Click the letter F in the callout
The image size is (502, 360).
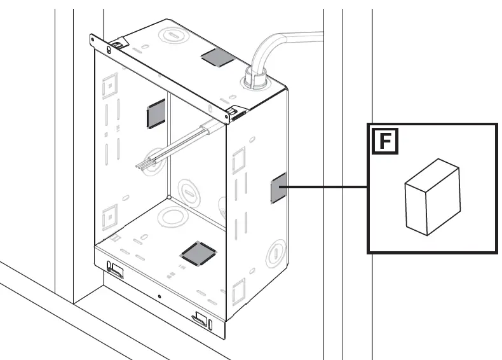[x=385, y=141]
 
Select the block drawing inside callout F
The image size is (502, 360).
[x=433, y=197]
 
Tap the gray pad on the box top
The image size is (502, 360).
[x=218, y=58]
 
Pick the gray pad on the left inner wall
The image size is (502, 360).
[x=156, y=113]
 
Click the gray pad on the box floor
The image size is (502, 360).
[x=199, y=254]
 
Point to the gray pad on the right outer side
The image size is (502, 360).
[x=278, y=188]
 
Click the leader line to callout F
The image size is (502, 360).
[x=327, y=187]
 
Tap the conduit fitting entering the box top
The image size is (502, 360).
[x=256, y=78]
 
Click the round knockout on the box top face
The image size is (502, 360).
[x=172, y=35]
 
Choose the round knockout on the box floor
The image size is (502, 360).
[x=173, y=216]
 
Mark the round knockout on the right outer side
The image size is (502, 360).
[x=276, y=253]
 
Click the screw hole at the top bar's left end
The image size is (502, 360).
[x=93, y=40]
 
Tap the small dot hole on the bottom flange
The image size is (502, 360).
[x=159, y=296]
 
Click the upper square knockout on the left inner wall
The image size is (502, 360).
[x=110, y=86]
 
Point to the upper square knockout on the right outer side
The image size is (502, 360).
[x=239, y=160]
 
